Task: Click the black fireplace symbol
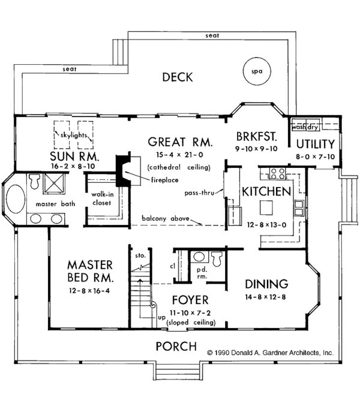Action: [x=124, y=169]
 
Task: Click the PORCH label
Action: [x=176, y=346]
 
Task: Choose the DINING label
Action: [x=266, y=284]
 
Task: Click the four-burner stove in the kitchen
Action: [x=277, y=175]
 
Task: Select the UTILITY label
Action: [x=314, y=144]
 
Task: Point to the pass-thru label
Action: [x=199, y=193]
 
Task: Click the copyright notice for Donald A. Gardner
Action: [x=270, y=353]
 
